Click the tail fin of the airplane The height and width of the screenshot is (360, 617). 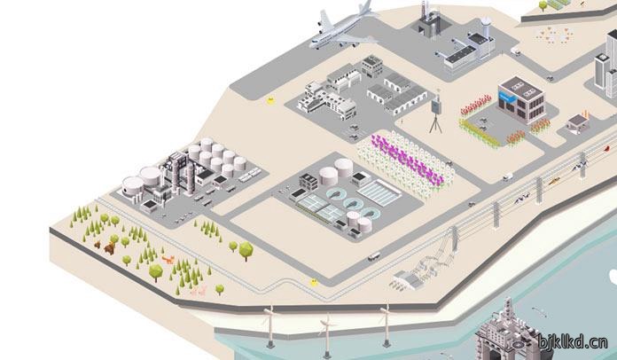pos(366,7)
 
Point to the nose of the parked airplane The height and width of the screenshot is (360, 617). pos(312,45)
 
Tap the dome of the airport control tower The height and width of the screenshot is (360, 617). pos(486,21)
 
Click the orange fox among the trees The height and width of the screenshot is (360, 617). pos(168,259)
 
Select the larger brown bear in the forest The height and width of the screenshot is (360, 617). pos(110,247)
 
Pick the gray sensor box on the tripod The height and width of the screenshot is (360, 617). pos(435,106)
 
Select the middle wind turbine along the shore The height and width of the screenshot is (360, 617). pos(326,334)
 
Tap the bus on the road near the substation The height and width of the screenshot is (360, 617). pos(374,256)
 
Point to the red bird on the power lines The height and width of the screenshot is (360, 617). pos(607,148)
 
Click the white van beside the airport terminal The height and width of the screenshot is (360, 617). pos(515,51)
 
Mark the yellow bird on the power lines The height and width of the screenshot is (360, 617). pos(554,181)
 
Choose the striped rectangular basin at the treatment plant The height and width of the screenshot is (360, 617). pos(379,192)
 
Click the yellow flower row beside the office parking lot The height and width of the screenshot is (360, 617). pos(479,133)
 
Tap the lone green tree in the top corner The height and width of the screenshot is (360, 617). pos(543,5)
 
